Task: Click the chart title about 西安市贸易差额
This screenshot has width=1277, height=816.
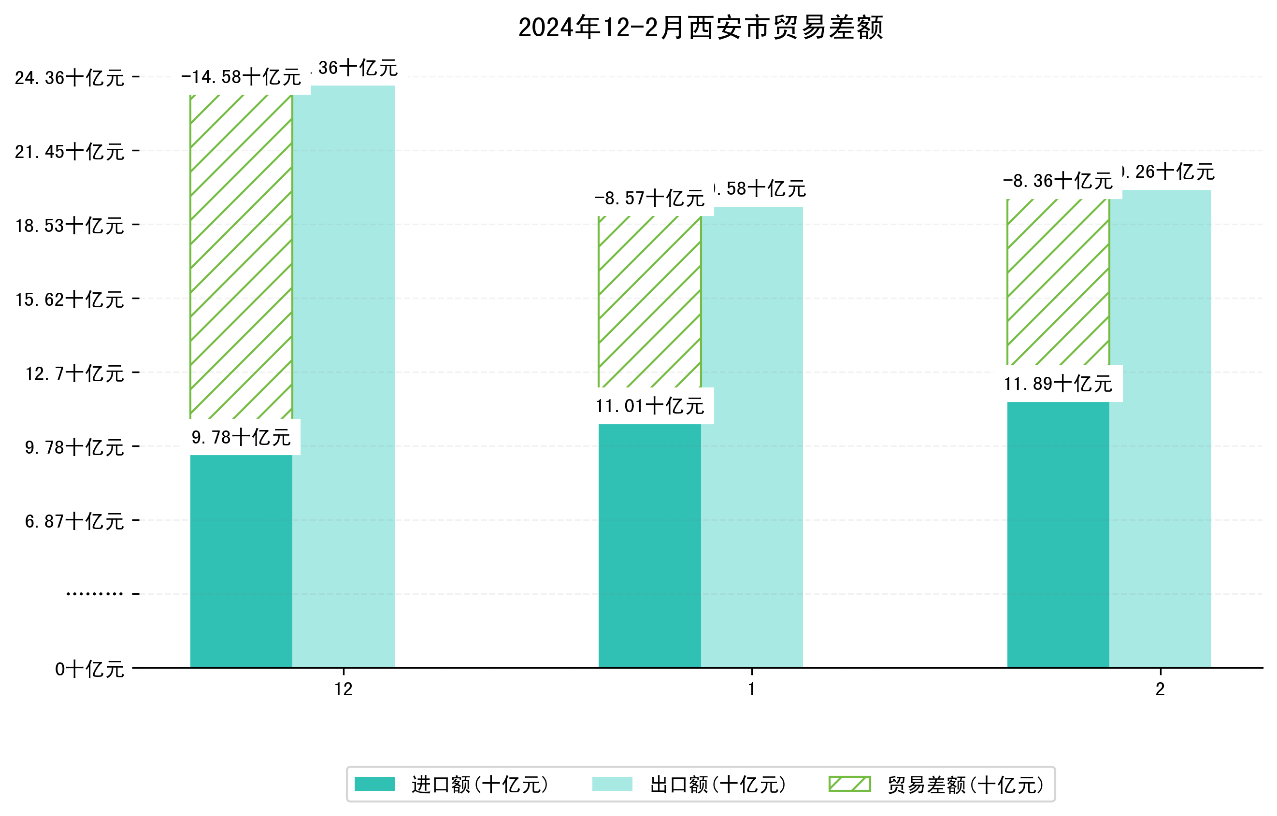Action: click(x=701, y=28)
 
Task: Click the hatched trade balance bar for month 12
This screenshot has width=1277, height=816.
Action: click(x=241, y=257)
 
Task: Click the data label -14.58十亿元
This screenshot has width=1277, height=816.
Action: click(x=241, y=77)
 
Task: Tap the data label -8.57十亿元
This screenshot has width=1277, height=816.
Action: click(x=650, y=198)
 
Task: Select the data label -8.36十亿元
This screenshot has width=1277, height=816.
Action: click(x=1058, y=181)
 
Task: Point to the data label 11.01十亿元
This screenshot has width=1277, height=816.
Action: click(x=650, y=406)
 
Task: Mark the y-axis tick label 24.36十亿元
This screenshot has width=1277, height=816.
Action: click(x=70, y=78)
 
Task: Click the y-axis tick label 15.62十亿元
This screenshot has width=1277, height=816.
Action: click(x=70, y=300)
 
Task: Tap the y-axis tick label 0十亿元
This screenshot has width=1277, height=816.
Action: click(x=89, y=669)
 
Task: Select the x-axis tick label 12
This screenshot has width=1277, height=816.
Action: click(x=344, y=689)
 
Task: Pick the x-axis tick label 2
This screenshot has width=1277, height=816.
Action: click(x=1161, y=689)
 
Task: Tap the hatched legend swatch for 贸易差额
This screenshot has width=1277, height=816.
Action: click(x=849, y=784)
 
